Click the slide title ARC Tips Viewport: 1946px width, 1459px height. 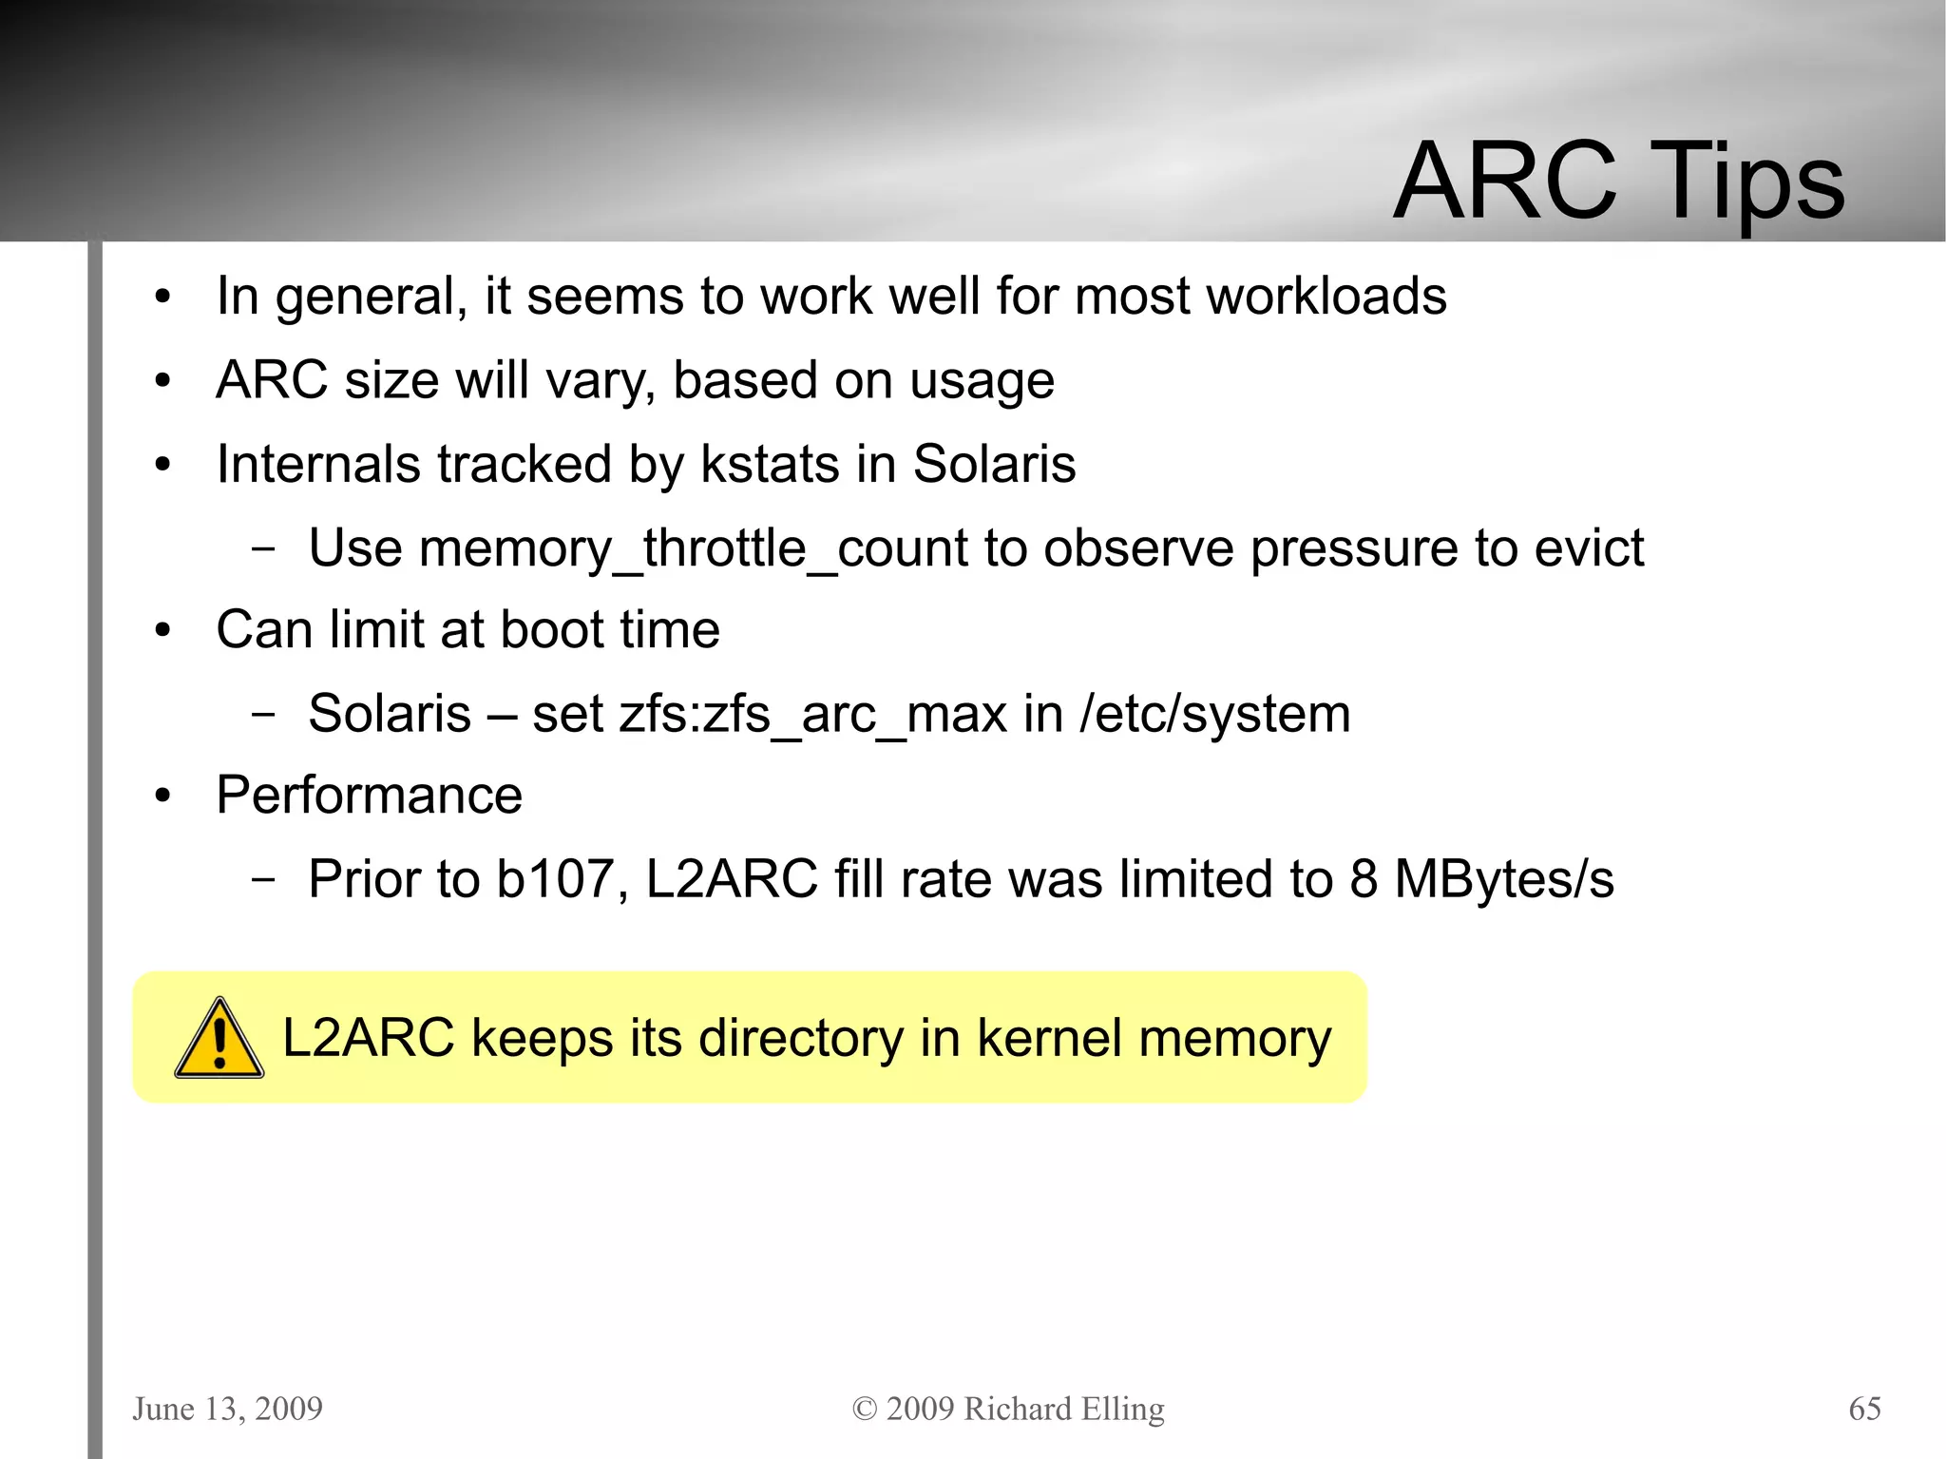1618,182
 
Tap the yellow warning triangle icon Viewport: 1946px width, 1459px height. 219,1040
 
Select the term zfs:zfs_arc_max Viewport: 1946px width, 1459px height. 812,715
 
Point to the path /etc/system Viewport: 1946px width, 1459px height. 1214,715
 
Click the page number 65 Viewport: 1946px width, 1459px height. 1864,1408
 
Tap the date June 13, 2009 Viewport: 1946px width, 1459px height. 228,1408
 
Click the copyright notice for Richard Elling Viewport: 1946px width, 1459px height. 1008,1408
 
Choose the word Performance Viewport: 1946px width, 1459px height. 369,795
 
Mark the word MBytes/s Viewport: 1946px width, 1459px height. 1503,879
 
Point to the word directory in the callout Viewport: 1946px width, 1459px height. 800,1038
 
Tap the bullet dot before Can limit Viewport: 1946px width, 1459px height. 162,631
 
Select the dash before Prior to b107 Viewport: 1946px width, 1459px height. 263,880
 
